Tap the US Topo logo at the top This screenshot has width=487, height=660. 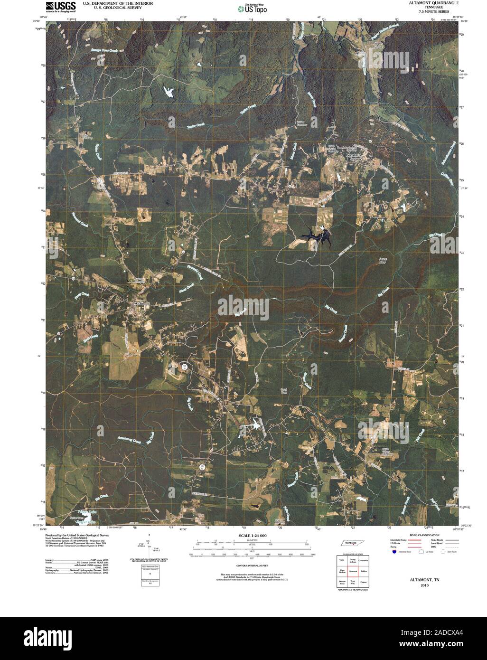252,8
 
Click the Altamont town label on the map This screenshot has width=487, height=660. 142,302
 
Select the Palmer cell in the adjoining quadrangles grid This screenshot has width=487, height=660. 364,582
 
